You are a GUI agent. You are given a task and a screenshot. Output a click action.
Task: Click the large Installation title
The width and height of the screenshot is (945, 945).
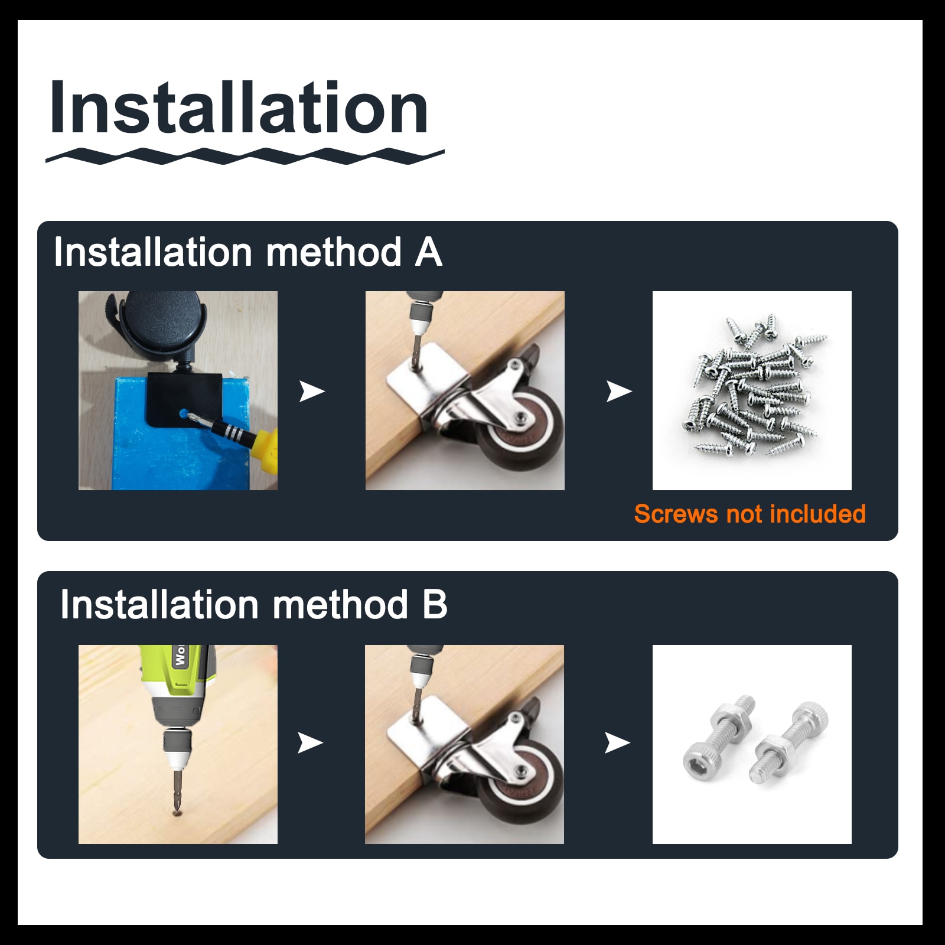pyautogui.click(x=239, y=108)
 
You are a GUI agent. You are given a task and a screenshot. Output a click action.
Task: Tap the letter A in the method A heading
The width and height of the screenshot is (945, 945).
pyautogui.click(x=429, y=253)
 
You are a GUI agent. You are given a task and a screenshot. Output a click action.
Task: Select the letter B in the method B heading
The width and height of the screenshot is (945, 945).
pyautogui.click(x=435, y=605)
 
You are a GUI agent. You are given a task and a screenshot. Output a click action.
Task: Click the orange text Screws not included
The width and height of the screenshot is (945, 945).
pyautogui.click(x=750, y=514)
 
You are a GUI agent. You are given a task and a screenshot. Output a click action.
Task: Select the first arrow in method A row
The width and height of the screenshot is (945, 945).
pyautogui.click(x=312, y=390)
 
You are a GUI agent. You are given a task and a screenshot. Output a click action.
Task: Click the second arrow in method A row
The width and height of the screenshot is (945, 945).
pyautogui.click(x=619, y=390)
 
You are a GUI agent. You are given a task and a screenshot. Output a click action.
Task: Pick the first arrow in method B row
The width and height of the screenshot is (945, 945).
pyautogui.click(x=311, y=742)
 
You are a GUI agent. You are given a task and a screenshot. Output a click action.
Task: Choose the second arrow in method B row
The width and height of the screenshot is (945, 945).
pyautogui.click(x=618, y=742)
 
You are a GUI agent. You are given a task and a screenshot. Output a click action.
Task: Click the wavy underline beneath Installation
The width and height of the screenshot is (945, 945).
pyautogui.click(x=245, y=157)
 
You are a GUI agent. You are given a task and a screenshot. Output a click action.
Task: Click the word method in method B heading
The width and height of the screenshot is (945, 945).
pyautogui.click(x=340, y=605)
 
